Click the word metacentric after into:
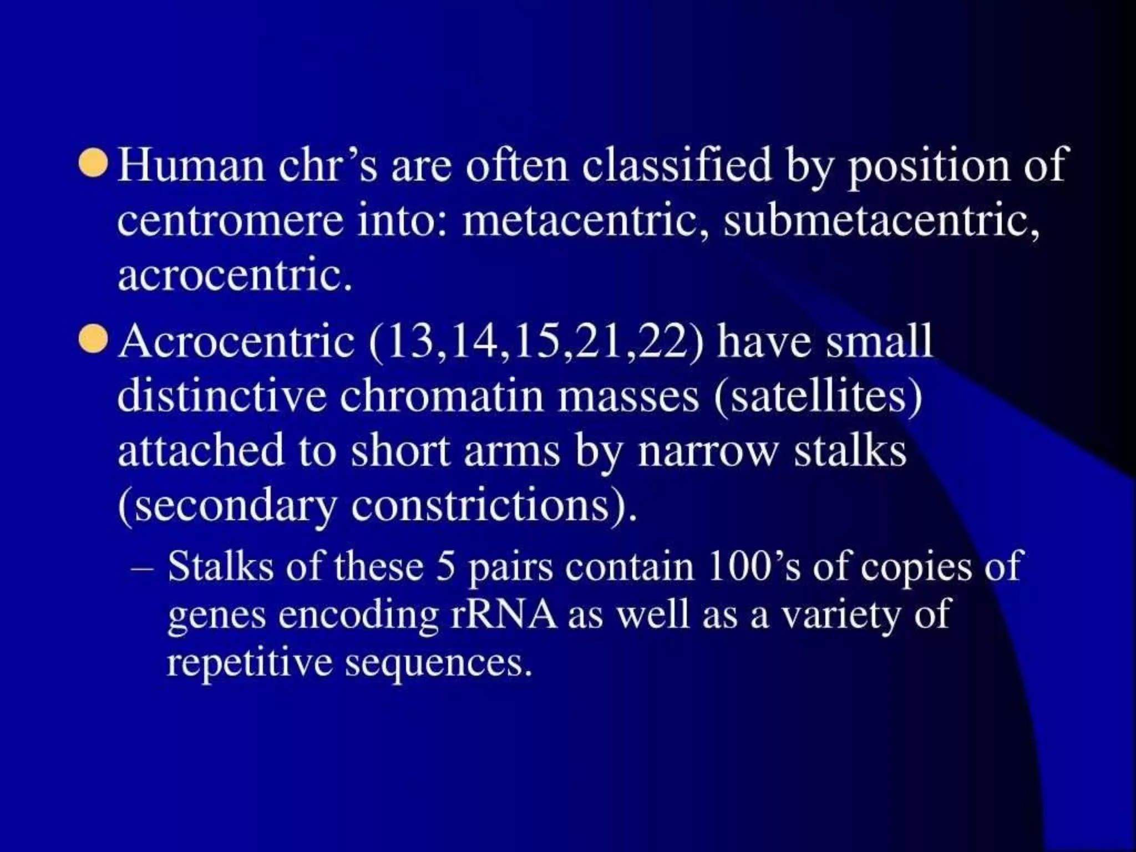click(586, 221)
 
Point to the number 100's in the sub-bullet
click(754, 567)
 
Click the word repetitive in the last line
click(249, 663)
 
